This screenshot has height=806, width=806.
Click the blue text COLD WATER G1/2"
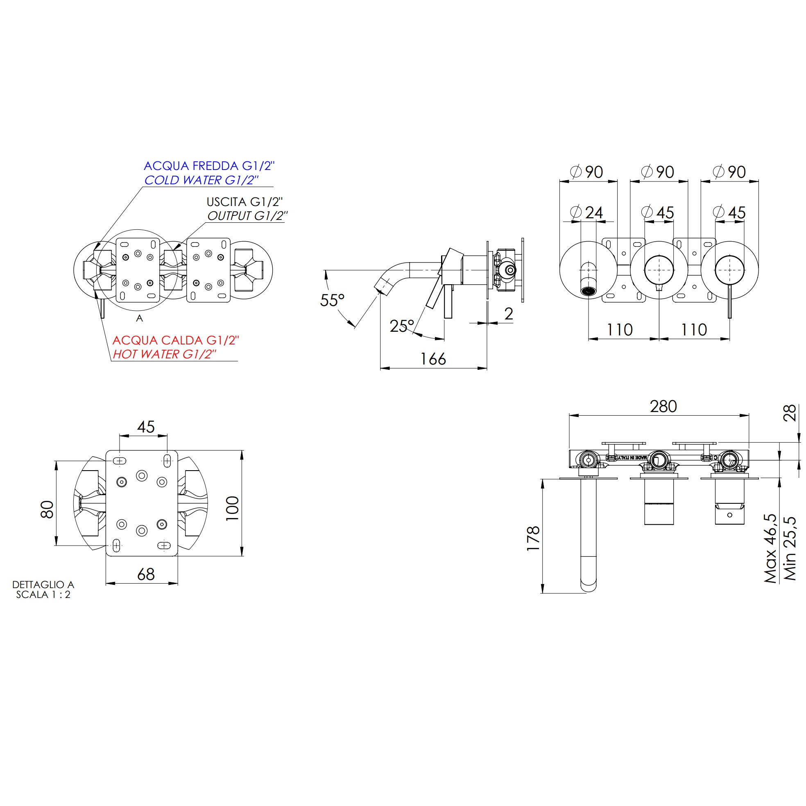pyautogui.click(x=201, y=180)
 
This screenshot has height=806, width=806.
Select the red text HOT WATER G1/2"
pyautogui.click(x=164, y=354)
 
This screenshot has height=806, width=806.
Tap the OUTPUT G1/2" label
pyautogui.click(x=247, y=216)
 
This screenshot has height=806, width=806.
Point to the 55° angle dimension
pyautogui.click(x=332, y=300)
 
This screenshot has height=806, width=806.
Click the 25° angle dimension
pyautogui.click(x=401, y=326)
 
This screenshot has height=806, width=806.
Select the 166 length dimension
pyautogui.click(x=433, y=359)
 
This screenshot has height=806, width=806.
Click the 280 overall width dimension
pyautogui.click(x=663, y=406)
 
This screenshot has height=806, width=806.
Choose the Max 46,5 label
pyautogui.click(x=770, y=549)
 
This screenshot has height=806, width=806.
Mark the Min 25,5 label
pyautogui.click(x=790, y=549)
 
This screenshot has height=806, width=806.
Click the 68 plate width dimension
pyautogui.click(x=146, y=575)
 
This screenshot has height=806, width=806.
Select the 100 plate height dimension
pyautogui.click(x=232, y=508)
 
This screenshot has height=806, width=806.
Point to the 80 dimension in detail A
pyautogui.click(x=47, y=509)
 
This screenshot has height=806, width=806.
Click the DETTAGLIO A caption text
pyautogui.click(x=43, y=584)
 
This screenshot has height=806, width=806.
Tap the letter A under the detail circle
pyautogui.click(x=139, y=318)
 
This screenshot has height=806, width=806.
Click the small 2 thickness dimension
pyautogui.click(x=509, y=314)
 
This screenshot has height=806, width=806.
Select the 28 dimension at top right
pyautogui.click(x=790, y=413)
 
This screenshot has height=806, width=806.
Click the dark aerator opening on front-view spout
pyautogui.click(x=588, y=291)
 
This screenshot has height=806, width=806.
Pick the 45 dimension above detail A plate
pyautogui.click(x=146, y=427)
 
